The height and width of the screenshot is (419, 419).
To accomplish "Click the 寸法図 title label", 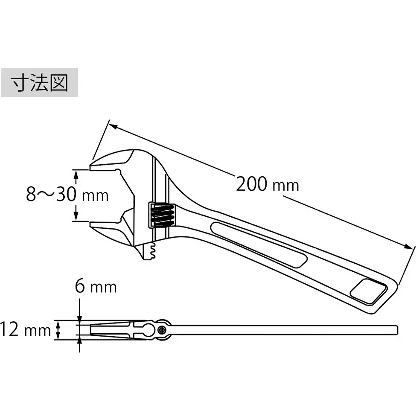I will tap(39, 82).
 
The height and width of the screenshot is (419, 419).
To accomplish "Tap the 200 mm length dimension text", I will tap(267, 184).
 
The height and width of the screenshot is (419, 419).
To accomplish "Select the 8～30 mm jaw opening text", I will tap(67, 195).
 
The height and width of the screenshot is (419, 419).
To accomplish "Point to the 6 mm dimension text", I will tap(96, 286).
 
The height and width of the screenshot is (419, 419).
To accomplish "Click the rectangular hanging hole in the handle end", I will tap(368, 292).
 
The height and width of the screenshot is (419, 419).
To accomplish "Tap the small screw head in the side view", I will tap(162, 329).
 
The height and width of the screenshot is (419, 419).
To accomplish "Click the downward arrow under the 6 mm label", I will tap(80, 317).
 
